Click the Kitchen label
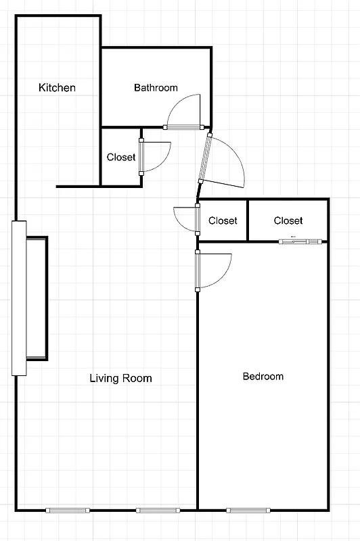[x=57, y=88]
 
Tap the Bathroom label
[x=156, y=88]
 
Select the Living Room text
[x=120, y=378]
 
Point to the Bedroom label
[x=263, y=376]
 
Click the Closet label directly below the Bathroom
[x=121, y=157]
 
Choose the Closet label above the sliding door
[x=288, y=220]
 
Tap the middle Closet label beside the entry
[x=223, y=220]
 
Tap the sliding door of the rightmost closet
[x=300, y=241]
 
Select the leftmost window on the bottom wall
[x=68, y=510]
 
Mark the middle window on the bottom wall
[x=158, y=510]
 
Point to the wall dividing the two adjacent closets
[x=248, y=220]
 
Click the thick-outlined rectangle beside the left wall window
[x=37, y=298]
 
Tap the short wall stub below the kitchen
[x=78, y=185]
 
